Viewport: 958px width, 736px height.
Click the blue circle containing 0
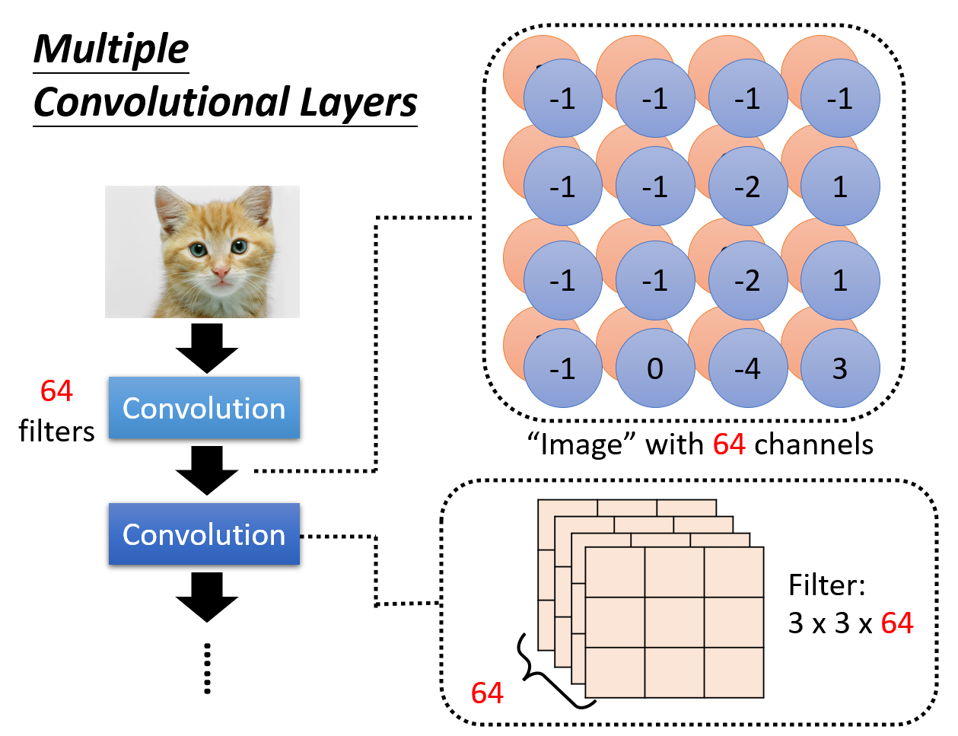point(655,368)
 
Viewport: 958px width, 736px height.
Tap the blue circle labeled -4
point(747,368)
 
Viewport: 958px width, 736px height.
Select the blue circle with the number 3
point(840,368)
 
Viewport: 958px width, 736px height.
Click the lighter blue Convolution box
point(204,408)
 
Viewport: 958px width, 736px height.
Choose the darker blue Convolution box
point(204,534)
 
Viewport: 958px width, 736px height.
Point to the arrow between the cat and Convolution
point(207,348)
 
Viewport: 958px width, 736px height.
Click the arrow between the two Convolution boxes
point(207,470)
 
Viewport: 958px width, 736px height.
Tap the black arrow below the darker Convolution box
point(207,597)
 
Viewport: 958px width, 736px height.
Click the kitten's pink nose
point(220,272)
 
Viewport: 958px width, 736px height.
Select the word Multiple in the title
point(111,49)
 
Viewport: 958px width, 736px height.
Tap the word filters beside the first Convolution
point(56,432)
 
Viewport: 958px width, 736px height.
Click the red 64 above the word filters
point(56,391)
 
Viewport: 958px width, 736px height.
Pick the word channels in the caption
point(813,444)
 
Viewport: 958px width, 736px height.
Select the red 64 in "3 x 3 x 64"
point(896,623)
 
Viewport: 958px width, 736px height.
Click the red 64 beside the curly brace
point(487,693)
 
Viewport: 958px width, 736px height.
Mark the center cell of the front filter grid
point(674,623)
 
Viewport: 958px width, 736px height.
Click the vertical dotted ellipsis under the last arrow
point(207,668)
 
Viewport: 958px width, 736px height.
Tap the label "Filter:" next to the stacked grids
point(826,585)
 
